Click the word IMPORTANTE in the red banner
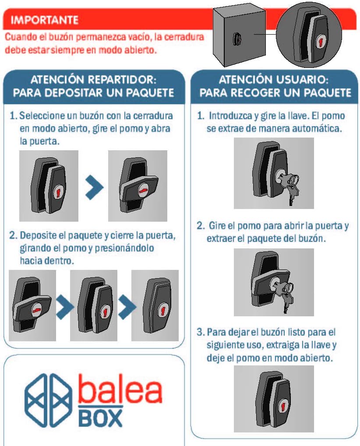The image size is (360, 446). click(44, 20)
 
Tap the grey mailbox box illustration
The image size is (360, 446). click(240, 37)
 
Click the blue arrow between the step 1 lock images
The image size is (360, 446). click(94, 187)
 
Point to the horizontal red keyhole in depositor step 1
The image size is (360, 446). click(144, 190)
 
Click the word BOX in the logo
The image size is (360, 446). click(100, 418)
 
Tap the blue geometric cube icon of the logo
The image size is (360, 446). click(47, 400)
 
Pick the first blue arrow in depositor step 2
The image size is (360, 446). click(65, 307)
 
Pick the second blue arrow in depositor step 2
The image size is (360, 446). click(127, 307)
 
